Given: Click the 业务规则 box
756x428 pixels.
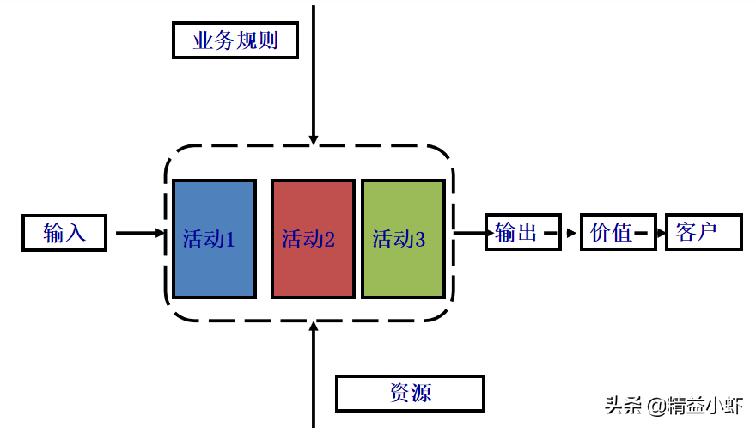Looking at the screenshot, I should (235, 40).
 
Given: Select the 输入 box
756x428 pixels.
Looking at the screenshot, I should (64, 233).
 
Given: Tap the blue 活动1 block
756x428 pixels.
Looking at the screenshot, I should (214, 239).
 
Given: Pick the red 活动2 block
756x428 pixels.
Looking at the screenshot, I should (313, 239).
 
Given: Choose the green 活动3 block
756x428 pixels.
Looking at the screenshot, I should (403, 239).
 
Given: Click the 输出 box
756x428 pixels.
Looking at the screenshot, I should (522, 232).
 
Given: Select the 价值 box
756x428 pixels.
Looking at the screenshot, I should (617, 232).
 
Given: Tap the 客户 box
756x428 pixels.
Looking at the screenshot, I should (703, 232).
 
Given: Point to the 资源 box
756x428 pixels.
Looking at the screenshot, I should (409, 394).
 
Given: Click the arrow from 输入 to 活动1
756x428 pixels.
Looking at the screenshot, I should (139, 232).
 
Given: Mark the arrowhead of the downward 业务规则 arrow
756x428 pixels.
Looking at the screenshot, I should (314, 138).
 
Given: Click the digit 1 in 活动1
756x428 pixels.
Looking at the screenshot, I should (230, 240).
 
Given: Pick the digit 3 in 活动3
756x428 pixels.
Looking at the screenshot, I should (420, 240).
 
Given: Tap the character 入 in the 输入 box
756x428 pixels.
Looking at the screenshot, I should (76, 233).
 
